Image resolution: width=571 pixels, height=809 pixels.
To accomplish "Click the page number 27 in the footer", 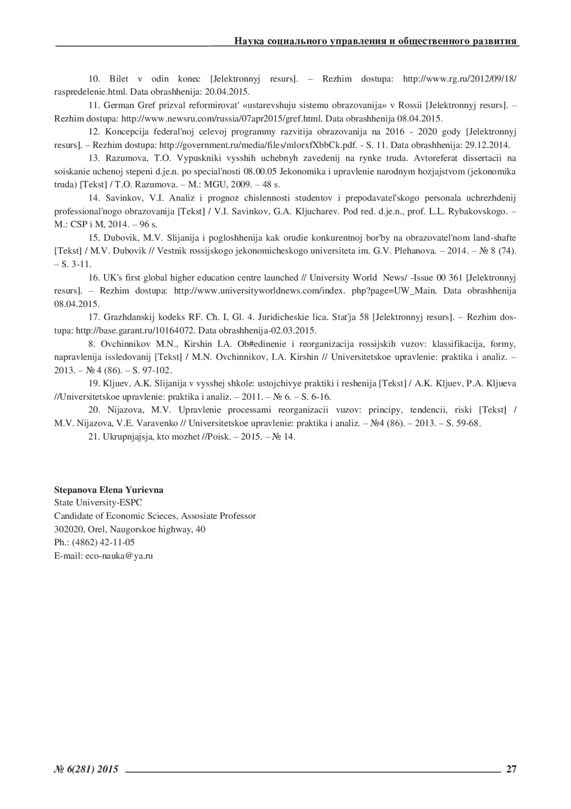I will coord(511,768).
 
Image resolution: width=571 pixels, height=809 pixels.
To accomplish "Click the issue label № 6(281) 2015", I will coord(86,768).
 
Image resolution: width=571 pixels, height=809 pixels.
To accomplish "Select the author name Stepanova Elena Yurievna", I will coord(109,490).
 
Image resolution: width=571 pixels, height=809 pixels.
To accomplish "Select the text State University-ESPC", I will coord(98,503).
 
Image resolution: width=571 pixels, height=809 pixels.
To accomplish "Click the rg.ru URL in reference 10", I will coord(459,79).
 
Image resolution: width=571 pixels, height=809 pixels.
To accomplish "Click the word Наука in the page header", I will coord(247,41).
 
